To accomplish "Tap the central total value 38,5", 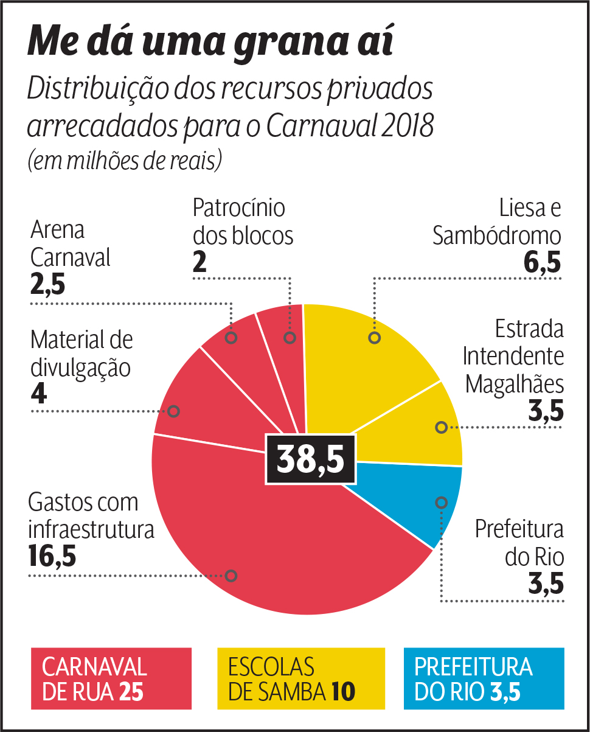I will pyautogui.click(x=310, y=459).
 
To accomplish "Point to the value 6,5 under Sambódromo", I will pyautogui.click(x=542, y=263).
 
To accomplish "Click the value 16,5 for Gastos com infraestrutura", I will pyautogui.click(x=52, y=556).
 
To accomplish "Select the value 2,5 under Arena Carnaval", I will pyautogui.click(x=47, y=285).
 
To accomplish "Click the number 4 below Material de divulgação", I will pyautogui.click(x=38, y=395).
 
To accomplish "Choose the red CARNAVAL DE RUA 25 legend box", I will pyautogui.click(x=111, y=678).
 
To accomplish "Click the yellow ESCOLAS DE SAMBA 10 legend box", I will pyautogui.click(x=301, y=678).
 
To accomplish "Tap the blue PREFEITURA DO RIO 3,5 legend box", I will pyautogui.click(x=484, y=678).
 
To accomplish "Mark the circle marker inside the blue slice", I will pyautogui.click(x=442, y=502).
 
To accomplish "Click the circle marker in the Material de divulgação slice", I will pyautogui.click(x=173, y=411).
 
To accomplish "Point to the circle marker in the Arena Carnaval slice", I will pyautogui.click(x=231, y=338).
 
